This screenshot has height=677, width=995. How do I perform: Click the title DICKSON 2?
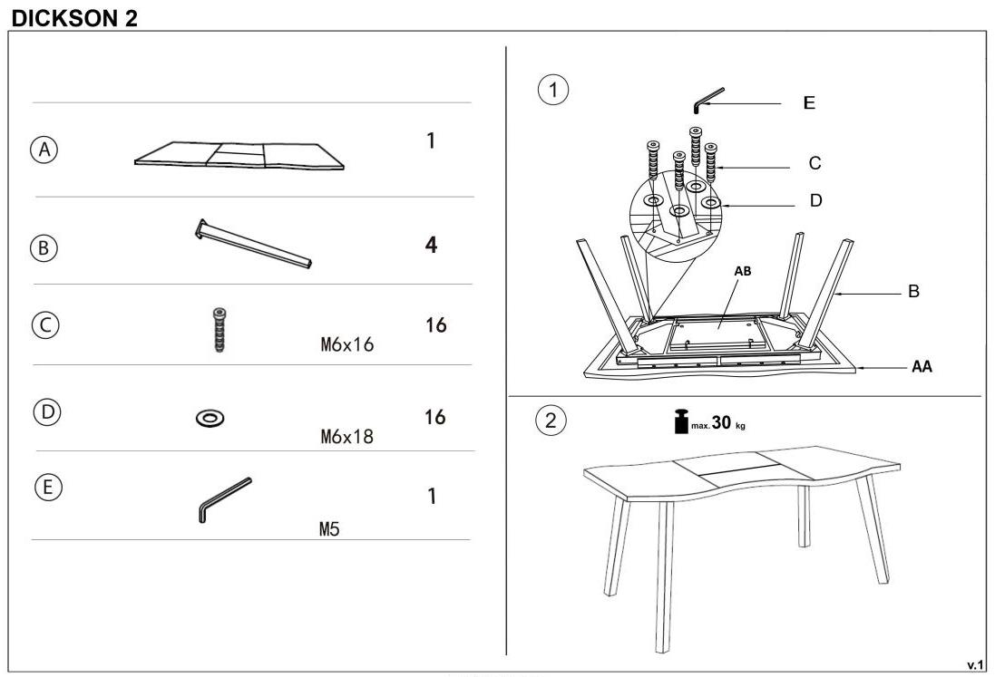(74, 18)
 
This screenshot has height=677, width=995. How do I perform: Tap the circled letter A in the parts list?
(44, 150)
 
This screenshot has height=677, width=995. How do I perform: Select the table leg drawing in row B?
(253, 244)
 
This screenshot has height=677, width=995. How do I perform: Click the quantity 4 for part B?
(432, 245)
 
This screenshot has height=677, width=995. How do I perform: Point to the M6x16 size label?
(347, 344)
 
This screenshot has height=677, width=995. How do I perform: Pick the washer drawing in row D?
(210, 418)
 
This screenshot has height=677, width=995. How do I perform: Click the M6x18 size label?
(347, 436)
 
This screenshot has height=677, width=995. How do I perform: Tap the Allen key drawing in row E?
(225, 499)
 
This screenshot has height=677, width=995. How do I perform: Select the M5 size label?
(329, 528)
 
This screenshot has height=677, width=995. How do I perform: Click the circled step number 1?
(552, 90)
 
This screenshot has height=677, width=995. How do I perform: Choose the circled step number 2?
(551, 420)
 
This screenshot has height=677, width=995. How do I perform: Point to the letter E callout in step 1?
(809, 102)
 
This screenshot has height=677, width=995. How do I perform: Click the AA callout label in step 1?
(922, 366)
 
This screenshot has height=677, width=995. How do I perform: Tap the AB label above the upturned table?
(743, 271)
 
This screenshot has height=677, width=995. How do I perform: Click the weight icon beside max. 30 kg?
(681, 421)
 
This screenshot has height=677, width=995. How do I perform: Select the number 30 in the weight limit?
(721, 422)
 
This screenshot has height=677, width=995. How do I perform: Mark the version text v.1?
(975, 665)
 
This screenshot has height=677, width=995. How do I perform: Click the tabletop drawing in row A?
(239, 155)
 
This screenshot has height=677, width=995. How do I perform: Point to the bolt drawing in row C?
(219, 330)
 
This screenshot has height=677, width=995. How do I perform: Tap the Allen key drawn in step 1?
(708, 101)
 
